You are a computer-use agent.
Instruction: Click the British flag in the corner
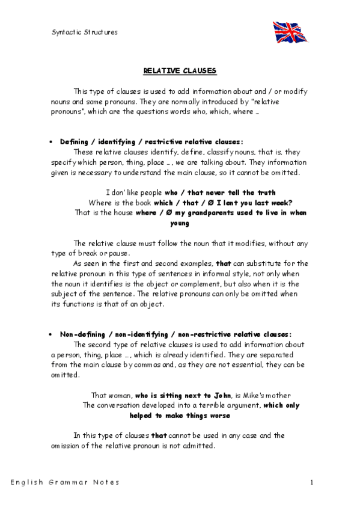coord(290,31)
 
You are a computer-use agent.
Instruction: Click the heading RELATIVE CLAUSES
coord(180,70)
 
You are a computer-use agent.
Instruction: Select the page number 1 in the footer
coord(312,482)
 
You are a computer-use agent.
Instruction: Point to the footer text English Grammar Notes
coord(64,482)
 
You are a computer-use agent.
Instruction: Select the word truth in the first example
coord(265,193)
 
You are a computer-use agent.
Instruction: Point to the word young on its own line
coord(180,223)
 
